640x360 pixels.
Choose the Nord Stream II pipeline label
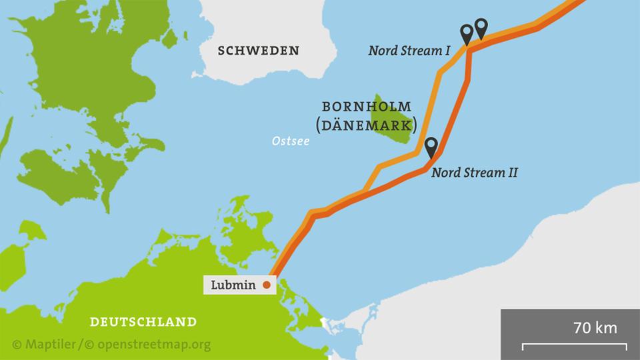pos(474,173)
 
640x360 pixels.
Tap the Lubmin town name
pos(233,285)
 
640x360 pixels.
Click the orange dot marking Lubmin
pos(267,285)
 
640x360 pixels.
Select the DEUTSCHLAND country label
pos(143,322)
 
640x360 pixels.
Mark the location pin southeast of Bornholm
pos(431,147)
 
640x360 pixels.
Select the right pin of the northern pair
pos(481,28)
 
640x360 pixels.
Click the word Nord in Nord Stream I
pos(383,50)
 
